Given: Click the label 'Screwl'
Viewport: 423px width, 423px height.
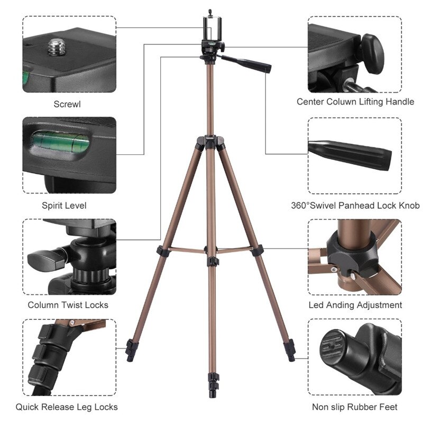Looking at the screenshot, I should (x=67, y=104).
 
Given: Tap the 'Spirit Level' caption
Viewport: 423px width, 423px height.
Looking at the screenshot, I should (x=63, y=205).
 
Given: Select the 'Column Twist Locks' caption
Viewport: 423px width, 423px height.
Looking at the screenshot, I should (x=68, y=305).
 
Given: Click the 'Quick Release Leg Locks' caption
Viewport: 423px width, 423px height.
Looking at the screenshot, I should (x=67, y=407).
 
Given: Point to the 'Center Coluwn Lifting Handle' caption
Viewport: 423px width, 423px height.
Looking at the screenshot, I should (x=355, y=102).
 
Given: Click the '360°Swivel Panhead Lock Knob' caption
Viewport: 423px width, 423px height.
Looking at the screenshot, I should (x=355, y=205).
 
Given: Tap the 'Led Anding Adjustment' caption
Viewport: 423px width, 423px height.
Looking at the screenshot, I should (x=355, y=305).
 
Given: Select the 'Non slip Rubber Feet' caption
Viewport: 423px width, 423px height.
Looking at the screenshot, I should (x=355, y=407).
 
